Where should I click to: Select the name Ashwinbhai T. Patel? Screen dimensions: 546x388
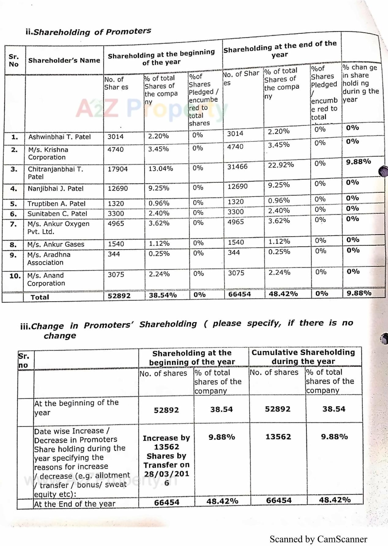point(60,137)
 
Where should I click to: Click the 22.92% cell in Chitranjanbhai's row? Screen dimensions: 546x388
point(281,165)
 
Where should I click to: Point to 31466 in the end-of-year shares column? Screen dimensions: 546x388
point(237,167)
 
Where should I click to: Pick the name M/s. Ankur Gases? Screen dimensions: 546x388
point(56,244)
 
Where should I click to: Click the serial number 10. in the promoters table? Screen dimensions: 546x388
point(15,276)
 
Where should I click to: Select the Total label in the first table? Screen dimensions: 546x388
point(40,297)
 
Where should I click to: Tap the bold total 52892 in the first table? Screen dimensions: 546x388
point(119,296)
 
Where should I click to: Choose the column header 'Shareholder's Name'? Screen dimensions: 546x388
point(64,60)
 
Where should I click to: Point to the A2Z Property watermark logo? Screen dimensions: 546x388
point(151,109)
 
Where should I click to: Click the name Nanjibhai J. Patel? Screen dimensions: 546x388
point(55,189)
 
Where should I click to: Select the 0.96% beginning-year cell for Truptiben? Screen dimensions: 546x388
point(159,203)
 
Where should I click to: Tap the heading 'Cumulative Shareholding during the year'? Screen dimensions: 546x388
point(303,357)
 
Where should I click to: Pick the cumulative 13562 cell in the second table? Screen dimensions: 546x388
point(278,437)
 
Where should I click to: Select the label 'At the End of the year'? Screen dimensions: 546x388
point(75,504)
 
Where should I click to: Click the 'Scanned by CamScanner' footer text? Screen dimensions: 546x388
point(318,539)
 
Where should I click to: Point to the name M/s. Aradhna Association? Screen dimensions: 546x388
point(49,258)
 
